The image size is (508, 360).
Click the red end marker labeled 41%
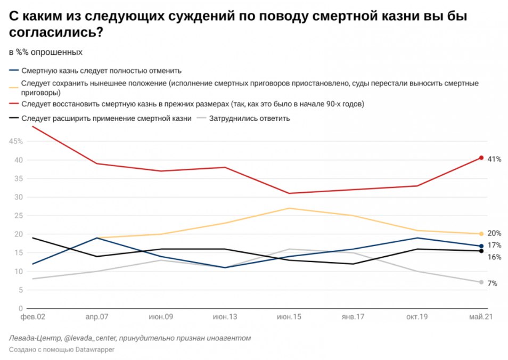(x=481, y=158)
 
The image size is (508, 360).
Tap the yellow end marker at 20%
(x=481, y=234)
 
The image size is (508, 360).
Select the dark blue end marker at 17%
(x=481, y=246)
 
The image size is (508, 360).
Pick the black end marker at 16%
(x=481, y=251)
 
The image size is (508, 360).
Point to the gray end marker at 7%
(x=481, y=282)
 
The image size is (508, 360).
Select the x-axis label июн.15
(x=289, y=316)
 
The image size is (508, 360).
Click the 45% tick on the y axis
(x=15, y=141)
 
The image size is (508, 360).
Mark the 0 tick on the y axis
(x=20, y=308)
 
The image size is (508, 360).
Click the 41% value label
(x=494, y=159)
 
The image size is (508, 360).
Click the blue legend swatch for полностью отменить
(x=14, y=70)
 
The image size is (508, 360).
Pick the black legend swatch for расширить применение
(x=14, y=118)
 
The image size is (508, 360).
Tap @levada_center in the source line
(x=89, y=338)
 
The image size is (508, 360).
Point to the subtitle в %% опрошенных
(x=45, y=52)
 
